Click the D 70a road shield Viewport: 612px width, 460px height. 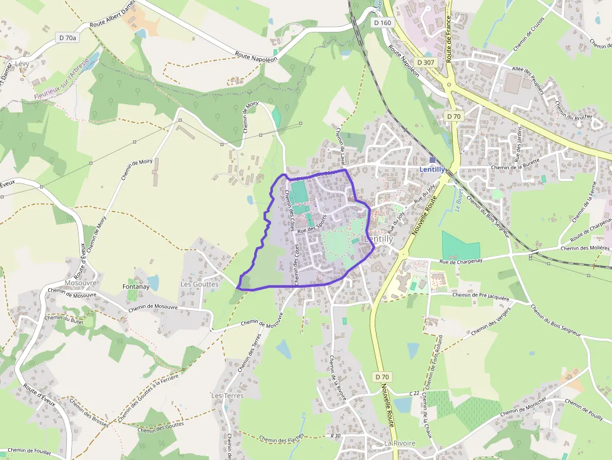[x=67, y=38]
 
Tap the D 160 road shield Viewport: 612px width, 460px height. [x=382, y=22]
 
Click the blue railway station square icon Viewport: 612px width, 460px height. [x=432, y=160]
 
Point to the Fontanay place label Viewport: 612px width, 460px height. [x=135, y=288]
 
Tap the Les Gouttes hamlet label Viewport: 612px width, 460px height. [x=199, y=284]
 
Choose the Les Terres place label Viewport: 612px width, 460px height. [x=227, y=396]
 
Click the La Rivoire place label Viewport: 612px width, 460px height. [x=400, y=443]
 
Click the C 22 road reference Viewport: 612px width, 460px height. [x=414, y=394]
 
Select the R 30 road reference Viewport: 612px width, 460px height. [x=335, y=436]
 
